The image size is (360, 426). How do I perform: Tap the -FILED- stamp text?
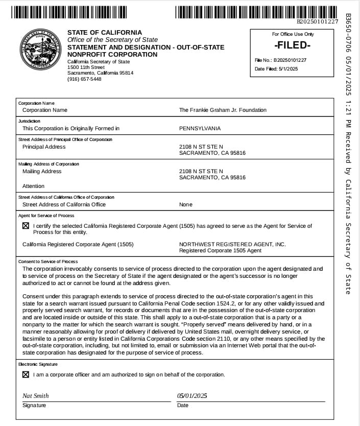tap(293, 45)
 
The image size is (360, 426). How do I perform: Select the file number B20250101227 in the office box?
tap(289, 60)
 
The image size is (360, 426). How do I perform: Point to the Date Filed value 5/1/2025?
tap(287, 69)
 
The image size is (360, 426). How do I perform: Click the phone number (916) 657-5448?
tap(84, 79)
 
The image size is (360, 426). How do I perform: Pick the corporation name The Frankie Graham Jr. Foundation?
tap(223, 110)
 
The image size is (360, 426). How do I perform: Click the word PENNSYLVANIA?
tap(200, 129)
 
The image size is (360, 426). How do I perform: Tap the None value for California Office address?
tap(186, 205)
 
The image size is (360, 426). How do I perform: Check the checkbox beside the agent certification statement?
tap(26, 226)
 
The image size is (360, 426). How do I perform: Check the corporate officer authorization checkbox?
tap(26, 374)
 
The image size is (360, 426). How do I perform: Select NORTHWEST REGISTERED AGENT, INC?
tap(232, 245)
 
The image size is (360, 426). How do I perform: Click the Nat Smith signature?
tap(36, 396)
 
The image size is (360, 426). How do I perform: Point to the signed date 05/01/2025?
tap(192, 396)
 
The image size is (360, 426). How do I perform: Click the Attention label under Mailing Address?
tap(34, 186)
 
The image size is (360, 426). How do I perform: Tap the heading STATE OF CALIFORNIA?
tap(105, 33)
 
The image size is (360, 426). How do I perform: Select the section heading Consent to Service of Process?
tap(48, 262)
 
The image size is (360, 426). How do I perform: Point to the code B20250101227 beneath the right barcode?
tap(318, 22)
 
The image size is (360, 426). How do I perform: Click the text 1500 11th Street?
tap(86, 67)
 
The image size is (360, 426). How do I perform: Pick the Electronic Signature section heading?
tap(38, 365)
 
